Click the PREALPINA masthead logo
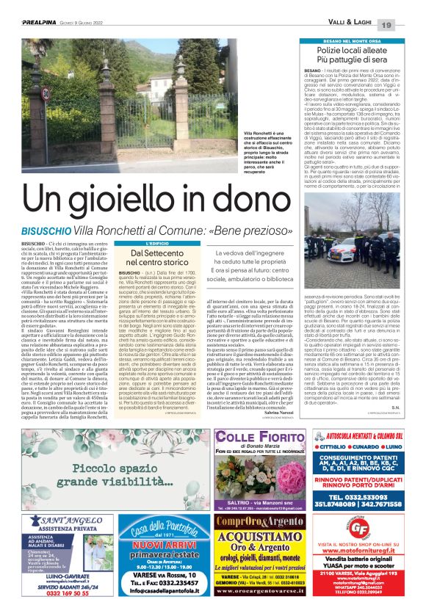(28, 8)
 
